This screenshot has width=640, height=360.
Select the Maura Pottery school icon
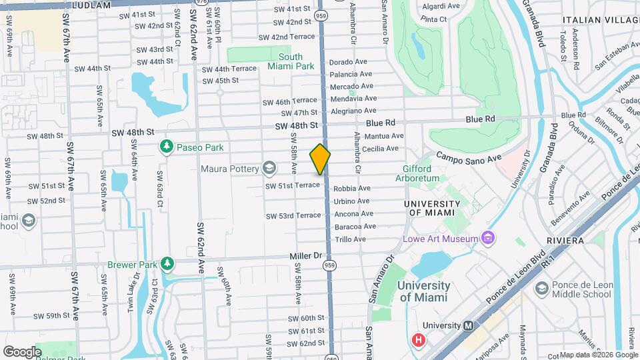click(x=269, y=168)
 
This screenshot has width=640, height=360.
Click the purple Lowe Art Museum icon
click(x=488, y=238)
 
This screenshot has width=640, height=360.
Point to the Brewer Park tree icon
click(x=167, y=265)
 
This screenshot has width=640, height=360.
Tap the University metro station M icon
click(x=468, y=325)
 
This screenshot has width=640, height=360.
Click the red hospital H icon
click(x=419, y=341)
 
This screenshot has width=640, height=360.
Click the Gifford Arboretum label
click(x=421, y=173)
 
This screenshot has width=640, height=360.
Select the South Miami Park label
click(x=291, y=61)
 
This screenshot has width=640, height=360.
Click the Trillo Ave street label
click(x=351, y=239)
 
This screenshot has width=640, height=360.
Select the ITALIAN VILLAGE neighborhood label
click(x=601, y=21)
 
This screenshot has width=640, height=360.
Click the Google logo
click(x=22, y=351)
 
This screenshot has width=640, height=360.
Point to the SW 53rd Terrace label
click(x=293, y=215)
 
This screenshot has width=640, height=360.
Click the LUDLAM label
click(x=91, y=4)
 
